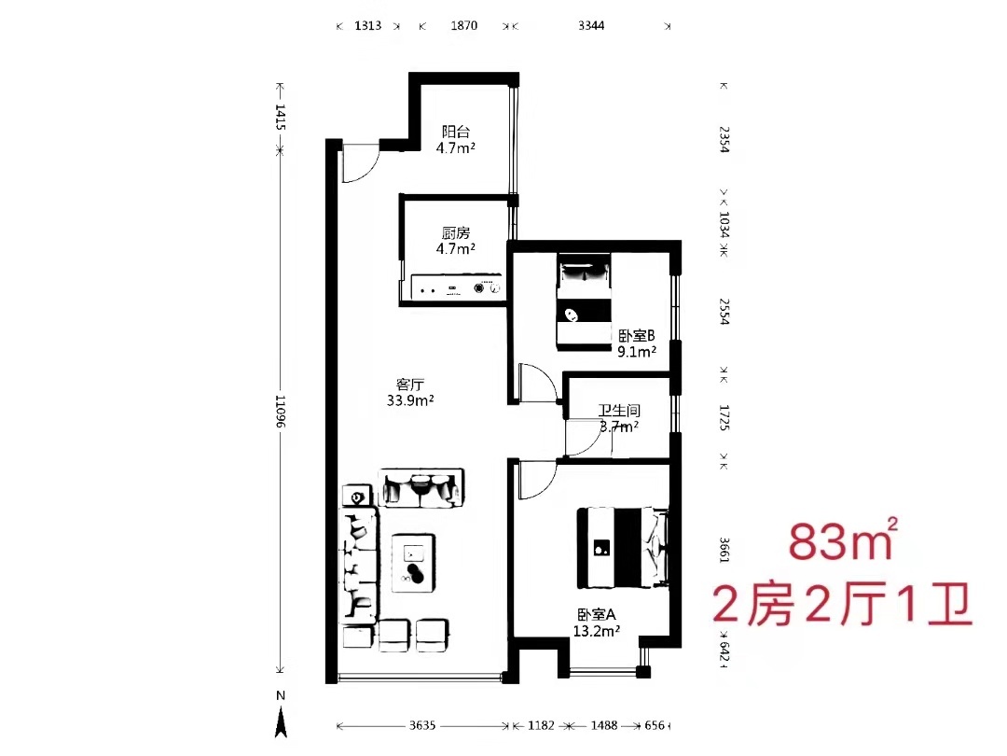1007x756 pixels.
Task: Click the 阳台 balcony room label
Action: [456, 132]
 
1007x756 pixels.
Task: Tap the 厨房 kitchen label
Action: [456, 232]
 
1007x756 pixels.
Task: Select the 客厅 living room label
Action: [409, 385]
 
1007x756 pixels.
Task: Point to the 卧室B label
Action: [637, 336]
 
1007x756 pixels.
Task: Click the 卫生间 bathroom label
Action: [619, 410]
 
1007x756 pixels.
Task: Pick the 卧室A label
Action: [596, 614]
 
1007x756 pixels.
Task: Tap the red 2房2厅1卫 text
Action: [842, 604]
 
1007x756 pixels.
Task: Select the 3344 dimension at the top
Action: [591, 26]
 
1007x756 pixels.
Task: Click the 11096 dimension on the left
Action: [281, 412]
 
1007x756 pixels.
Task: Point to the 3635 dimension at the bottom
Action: [422, 725]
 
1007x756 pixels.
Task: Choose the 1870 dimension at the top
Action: [463, 26]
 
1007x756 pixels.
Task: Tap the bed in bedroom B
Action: [584, 301]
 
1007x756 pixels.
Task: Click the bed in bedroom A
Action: [622, 549]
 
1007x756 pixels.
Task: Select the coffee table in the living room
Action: [414, 563]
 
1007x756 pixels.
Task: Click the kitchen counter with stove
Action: [455, 287]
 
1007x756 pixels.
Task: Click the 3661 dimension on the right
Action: [724, 550]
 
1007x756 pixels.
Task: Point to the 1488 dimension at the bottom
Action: [603, 725]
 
